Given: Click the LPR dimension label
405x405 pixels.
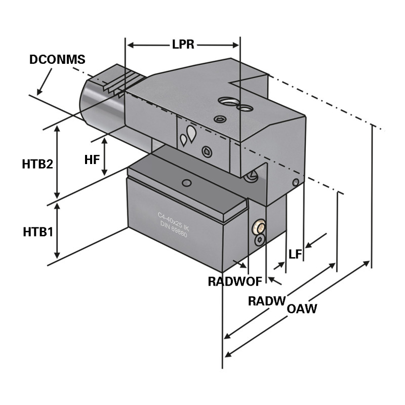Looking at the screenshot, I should pyautogui.click(x=183, y=45).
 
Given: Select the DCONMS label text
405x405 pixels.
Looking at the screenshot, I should pyautogui.click(x=57, y=59).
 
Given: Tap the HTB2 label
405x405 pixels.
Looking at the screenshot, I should pyautogui.click(x=37, y=165).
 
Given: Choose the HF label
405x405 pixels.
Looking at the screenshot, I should pyautogui.click(x=92, y=159).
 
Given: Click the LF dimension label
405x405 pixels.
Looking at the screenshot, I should pyautogui.click(x=295, y=254).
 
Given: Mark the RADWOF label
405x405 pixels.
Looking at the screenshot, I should pyautogui.click(x=234, y=281).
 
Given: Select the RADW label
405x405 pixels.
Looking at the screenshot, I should pyautogui.click(x=267, y=301).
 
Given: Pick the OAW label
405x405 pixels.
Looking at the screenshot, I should pyautogui.click(x=302, y=308).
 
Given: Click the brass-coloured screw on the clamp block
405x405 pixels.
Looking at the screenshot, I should pyautogui.click(x=259, y=226).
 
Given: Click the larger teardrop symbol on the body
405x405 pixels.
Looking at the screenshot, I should pyautogui.click(x=191, y=133).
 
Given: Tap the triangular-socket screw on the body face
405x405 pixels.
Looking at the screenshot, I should pyautogui.click(x=206, y=151).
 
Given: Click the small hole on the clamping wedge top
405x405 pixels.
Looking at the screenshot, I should pyautogui.click(x=187, y=182).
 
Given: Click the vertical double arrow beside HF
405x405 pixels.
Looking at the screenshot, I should pyautogui.click(x=104, y=156).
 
